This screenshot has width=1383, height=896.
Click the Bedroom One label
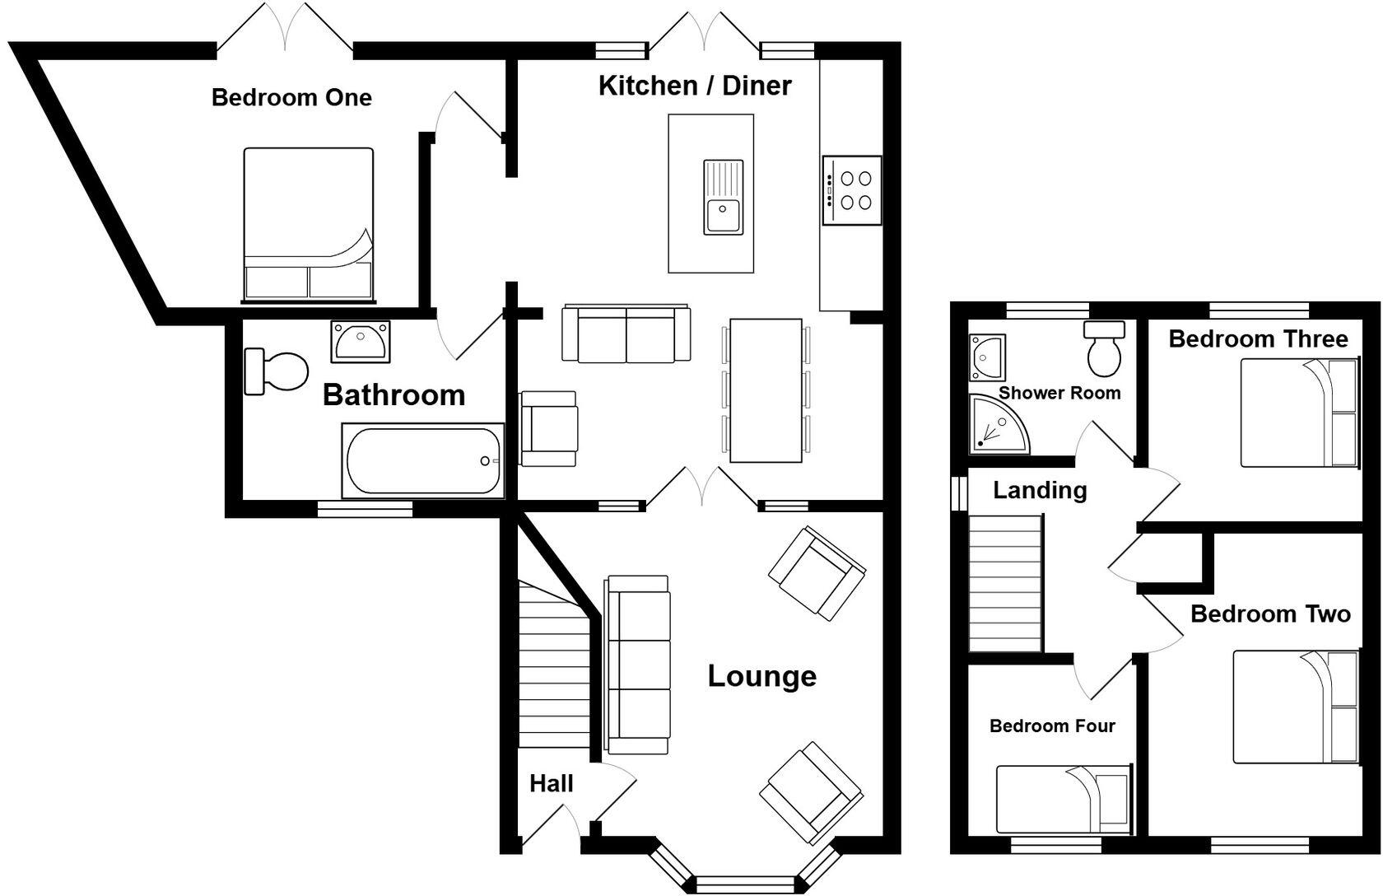(291, 97)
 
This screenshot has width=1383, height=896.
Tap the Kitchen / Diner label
(695, 85)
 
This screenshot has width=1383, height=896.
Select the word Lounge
(762, 675)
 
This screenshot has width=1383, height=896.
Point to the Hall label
(552, 784)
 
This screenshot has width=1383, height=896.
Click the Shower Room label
(1059, 393)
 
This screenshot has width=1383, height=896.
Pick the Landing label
(1040, 490)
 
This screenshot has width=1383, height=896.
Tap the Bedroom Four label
(1052, 726)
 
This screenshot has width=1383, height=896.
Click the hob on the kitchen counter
(851, 190)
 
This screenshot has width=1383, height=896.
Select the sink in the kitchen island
(723, 198)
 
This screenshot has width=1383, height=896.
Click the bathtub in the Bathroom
(423, 460)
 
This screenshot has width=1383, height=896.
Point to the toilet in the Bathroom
(276, 371)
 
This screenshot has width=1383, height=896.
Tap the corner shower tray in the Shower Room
(999, 423)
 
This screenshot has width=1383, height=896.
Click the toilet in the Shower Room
(1104, 349)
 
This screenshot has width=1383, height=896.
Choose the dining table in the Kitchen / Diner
(766, 390)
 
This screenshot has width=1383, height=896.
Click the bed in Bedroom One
(308, 225)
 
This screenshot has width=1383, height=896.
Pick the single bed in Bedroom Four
(1064, 799)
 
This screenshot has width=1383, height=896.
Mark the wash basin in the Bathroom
(360, 341)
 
